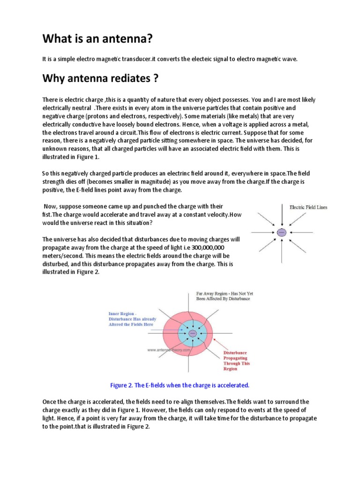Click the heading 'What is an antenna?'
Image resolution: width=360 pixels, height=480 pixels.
(98, 39)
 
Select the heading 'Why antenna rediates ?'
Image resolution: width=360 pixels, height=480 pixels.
(100, 78)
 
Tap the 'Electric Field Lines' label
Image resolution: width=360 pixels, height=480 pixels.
(308, 207)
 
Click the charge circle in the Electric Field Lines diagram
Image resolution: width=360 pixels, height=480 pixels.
(281, 232)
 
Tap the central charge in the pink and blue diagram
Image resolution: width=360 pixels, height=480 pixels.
(193, 333)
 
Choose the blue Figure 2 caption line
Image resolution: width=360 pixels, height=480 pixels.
(180, 385)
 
